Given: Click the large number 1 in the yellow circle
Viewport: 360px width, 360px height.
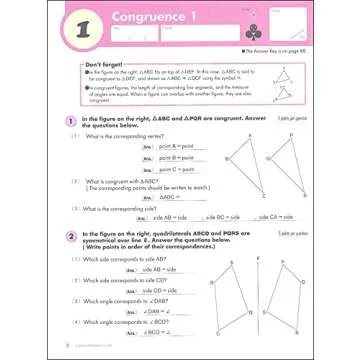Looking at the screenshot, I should tap(37, 31).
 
